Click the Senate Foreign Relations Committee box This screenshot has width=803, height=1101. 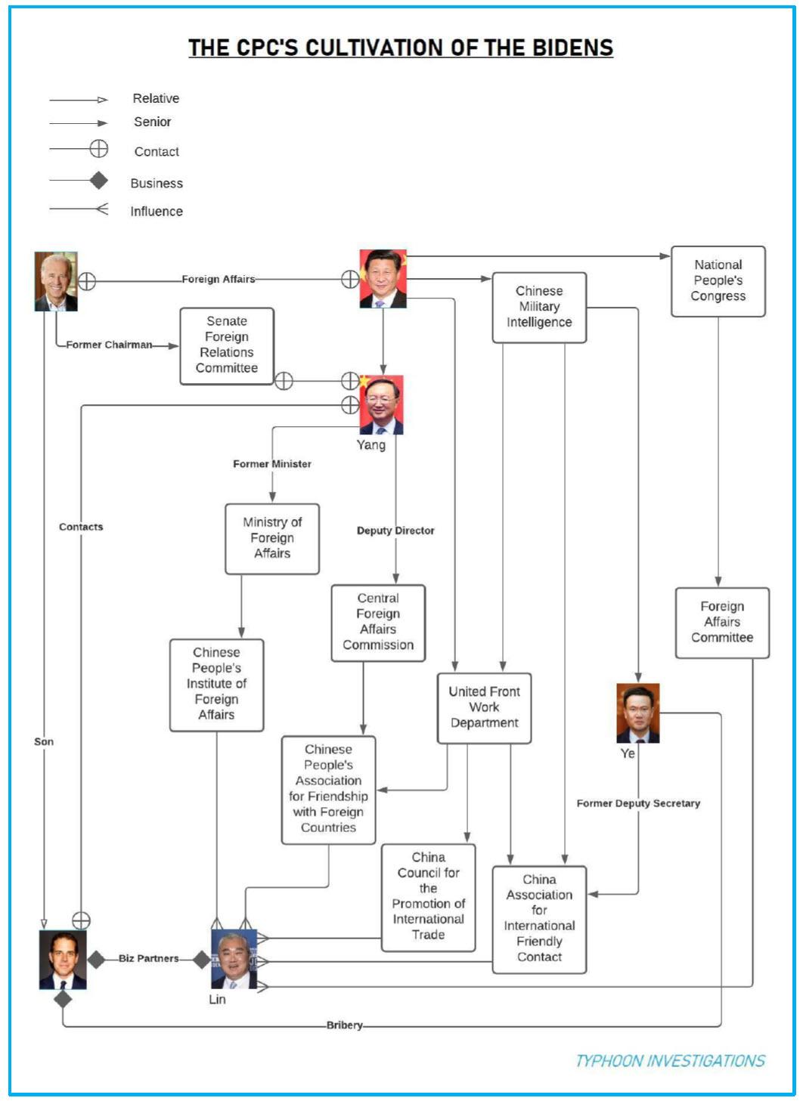click(x=227, y=345)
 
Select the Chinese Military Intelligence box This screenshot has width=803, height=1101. click(x=539, y=307)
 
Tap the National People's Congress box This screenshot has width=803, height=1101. click(x=718, y=280)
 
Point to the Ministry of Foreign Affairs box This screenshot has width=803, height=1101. click(x=272, y=538)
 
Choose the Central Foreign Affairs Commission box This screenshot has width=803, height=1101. click(x=378, y=622)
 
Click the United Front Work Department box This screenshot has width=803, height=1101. click(x=484, y=707)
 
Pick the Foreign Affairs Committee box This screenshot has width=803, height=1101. click(x=722, y=622)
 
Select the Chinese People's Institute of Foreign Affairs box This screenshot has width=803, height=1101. click(x=216, y=684)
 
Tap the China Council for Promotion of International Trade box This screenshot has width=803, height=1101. click(x=428, y=896)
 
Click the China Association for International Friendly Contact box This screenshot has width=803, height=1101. click(x=539, y=918)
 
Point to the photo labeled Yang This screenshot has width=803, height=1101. click(x=381, y=405)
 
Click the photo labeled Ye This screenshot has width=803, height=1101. click(x=637, y=713)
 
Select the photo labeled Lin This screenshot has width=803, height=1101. click(x=234, y=959)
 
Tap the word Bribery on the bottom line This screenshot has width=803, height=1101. click(x=345, y=1025)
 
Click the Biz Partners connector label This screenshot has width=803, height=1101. click(x=149, y=958)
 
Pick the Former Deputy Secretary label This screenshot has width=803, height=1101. click(x=638, y=803)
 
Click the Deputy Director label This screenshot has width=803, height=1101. click(x=395, y=530)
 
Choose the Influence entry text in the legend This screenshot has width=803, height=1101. click(x=157, y=212)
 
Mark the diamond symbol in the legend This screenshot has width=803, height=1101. click(x=98, y=181)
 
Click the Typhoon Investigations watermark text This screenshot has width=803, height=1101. click(x=670, y=1061)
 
